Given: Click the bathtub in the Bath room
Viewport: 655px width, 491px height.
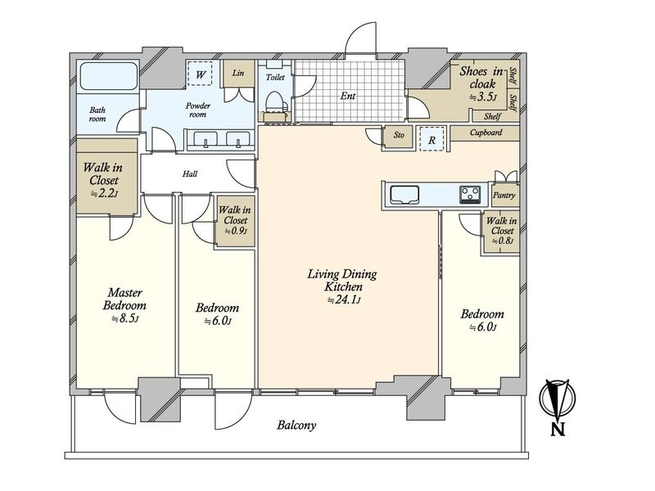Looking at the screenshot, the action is tap(109, 75).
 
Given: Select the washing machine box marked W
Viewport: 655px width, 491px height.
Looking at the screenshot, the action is tap(200, 74).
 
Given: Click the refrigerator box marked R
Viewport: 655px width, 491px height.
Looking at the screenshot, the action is tap(431, 139).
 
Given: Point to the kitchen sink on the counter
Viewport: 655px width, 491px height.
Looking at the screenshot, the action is tap(404, 195).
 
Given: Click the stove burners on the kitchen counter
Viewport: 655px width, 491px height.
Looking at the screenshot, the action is tap(470, 195).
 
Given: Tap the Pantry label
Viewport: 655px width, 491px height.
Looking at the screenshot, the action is tap(504, 195).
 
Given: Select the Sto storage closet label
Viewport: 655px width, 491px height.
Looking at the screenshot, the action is tap(399, 135).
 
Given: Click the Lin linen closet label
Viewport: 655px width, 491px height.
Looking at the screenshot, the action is tap(238, 73).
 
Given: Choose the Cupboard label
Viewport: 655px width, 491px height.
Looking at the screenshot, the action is tap(486, 133).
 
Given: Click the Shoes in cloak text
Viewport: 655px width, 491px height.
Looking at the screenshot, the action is tap(481, 77).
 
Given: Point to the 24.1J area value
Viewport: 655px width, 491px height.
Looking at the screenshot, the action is tap(344, 300).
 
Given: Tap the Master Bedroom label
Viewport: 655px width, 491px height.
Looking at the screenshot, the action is tap(124, 299).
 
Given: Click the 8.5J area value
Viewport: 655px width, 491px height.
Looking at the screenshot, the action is tap(125, 318).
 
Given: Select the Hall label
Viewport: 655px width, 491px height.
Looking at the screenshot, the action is tap(190, 173).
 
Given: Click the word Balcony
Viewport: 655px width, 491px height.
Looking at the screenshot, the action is tap(296, 426).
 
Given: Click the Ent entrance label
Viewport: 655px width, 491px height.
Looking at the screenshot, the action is tap(347, 96).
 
